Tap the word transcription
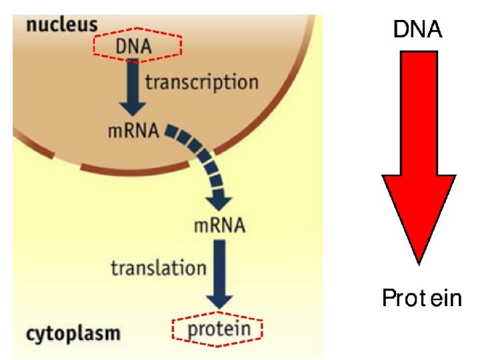coord(201,82)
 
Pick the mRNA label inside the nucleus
coord(133,130)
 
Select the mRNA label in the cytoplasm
coord(219,225)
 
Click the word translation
coord(159,268)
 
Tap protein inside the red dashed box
coord(219,329)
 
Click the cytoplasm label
coord(73,332)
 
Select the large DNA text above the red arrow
coord(417,29)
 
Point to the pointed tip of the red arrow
coord(419,261)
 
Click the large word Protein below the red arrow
coord(421,298)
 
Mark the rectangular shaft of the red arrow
coord(418,113)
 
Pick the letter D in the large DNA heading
coord(401,29)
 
